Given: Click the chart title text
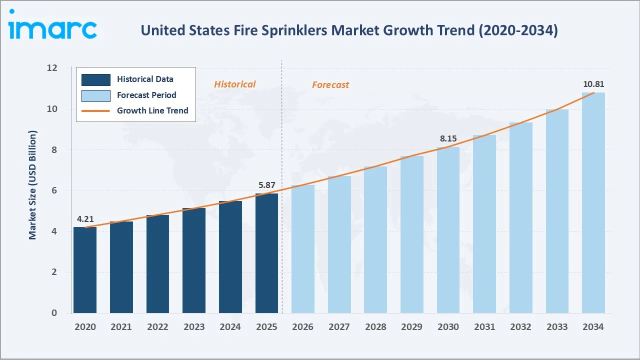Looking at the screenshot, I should coord(349,30).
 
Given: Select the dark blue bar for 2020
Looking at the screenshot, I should coord(85,270).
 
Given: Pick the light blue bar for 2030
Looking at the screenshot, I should coord(448,230).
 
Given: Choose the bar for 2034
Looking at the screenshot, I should coord(593,202).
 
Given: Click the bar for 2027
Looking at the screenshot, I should coord(339,244).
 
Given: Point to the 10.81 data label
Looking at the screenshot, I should coord(593,84).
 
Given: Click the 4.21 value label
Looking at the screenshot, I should coord(85,219).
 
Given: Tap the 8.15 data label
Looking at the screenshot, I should coord(448,138).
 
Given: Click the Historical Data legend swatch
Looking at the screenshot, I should coord(95,79).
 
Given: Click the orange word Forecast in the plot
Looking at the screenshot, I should coord(330,84).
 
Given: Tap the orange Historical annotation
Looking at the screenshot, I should coord(234,84).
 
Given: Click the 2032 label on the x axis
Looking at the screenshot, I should coord(520,326).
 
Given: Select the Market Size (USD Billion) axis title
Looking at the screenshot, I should coord(33,185).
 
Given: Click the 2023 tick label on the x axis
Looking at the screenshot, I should coord(194,326).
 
